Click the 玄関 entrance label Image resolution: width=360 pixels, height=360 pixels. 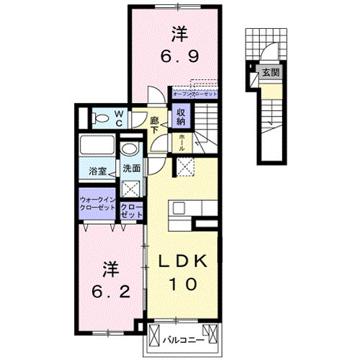click(270, 72)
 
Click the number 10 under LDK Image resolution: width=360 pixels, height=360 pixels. click(184, 284)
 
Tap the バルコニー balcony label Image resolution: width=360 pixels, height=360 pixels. click(182, 337)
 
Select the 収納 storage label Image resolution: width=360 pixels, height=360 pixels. click(180, 116)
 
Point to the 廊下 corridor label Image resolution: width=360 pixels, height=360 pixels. click(155, 125)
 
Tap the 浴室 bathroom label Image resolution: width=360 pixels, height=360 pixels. click(98, 171)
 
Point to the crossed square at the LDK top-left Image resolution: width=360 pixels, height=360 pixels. click(184, 166)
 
